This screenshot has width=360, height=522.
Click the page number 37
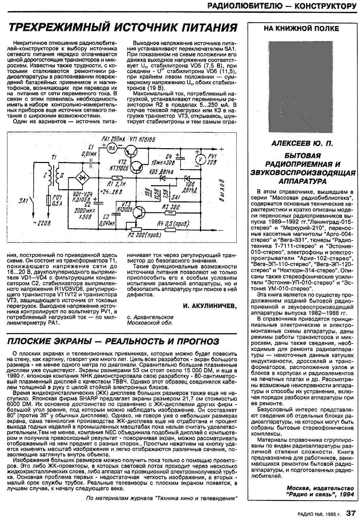[350, 513]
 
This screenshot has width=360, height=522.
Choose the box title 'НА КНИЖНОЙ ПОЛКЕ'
[301, 29]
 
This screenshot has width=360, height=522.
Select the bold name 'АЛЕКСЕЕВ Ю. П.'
[302, 144]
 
